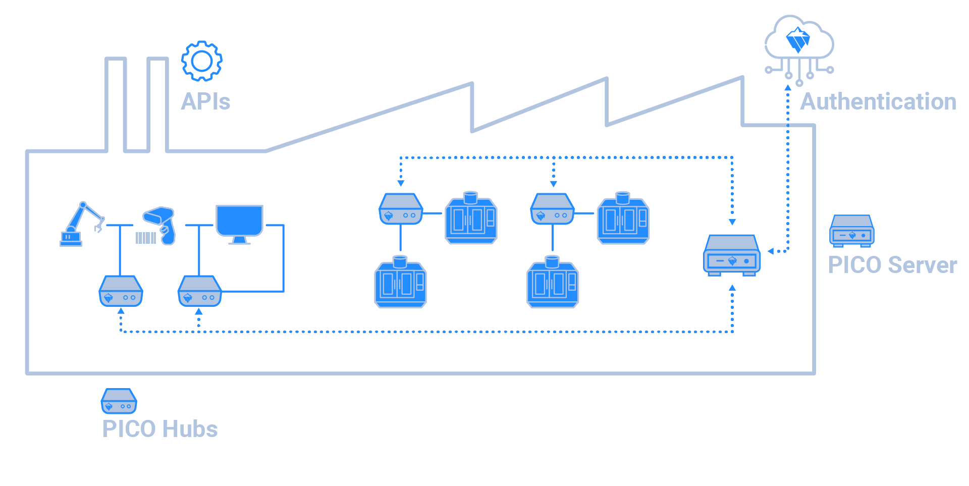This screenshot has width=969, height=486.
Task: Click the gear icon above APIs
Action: pyautogui.click(x=202, y=61)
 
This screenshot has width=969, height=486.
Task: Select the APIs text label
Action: pyautogui.click(x=205, y=101)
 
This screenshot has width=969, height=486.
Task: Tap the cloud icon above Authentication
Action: pyautogui.click(x=798, y=40)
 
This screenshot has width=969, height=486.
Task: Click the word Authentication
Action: pyautogui.click(x=878, y=101)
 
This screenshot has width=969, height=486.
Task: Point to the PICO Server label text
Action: pyautogui.click(x=892, y=265)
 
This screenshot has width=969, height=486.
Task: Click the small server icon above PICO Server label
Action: pyautogui.click(x=851, y=231)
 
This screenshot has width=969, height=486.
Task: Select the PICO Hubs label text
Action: pyautogui.click(x=160, y=429)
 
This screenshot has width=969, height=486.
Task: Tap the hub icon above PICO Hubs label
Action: pyautogui.click(x=119, y=401)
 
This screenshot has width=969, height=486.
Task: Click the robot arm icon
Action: pyautogui.click(x=81, y=225)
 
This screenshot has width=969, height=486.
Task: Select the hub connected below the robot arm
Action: pyautogui.click(x=121, y=291)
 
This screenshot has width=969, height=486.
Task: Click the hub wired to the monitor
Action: pyautogui.click(x=199, y=291)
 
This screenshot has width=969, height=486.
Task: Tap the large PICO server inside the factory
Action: pyautogui.click(x=732, y=255)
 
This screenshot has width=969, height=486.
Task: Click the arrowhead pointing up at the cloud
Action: pyautogui.click(x=787, y=88)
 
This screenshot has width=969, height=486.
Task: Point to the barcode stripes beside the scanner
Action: pyautogui.click(x=146, y=238)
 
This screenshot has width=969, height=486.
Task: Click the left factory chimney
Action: pyautogui.click(x=116, y=103)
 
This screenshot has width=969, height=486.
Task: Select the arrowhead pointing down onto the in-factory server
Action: pyautogui.click(x=732, y=222)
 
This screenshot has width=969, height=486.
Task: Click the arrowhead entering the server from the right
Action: pyautogui.click(x=770, y=251)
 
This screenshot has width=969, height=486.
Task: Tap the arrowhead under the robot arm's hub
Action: pyautogui.click(x=121, y=311)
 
